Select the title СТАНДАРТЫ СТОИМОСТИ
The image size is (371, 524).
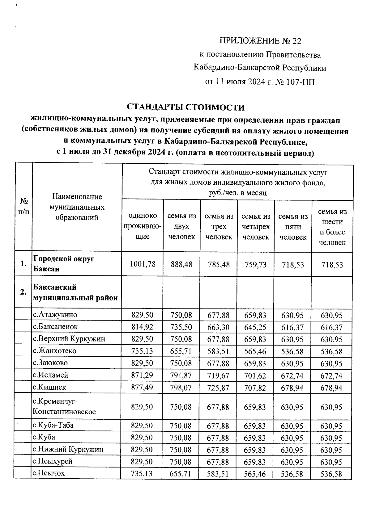(x=185, y=107)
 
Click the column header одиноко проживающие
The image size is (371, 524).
(x=143, y=226)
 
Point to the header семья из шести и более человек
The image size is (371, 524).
(x=332, y=227)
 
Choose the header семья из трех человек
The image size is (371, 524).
(x=219, y=227)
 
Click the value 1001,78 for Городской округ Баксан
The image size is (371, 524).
(x=143, y=264)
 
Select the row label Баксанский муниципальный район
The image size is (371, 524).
(x=75, y=292)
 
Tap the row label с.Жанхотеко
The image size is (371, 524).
(x=55, y=351)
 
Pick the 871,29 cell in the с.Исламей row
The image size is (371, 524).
(x=142, y=375)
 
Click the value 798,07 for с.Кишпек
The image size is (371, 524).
(x=181, y=388)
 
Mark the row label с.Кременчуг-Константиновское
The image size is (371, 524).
(x=64, y=406)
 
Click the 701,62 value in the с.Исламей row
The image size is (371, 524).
(x=255, y=375)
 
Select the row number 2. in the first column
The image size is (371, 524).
(x=23, y=292)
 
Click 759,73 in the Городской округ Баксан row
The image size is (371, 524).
(x=255, y=265)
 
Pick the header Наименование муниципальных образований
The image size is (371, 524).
(x=77, y=207)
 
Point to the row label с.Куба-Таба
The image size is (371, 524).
(x=53, y=425)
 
